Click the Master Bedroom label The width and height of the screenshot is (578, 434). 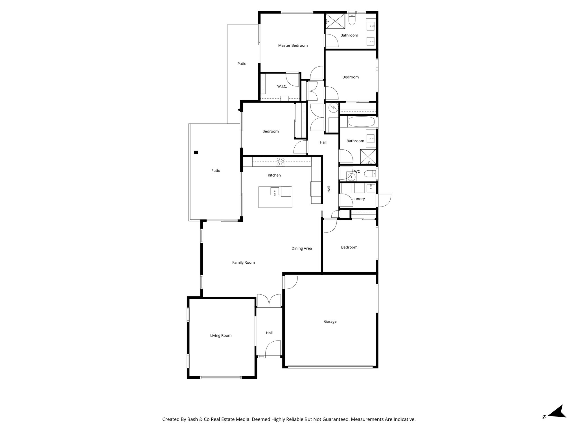point(293,45)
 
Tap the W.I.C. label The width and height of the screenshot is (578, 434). point(282,86)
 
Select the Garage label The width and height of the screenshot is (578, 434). point(330,322)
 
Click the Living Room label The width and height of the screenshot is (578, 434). point(221,336)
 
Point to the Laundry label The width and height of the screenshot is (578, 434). point(358,199)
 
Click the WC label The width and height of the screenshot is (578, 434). point(357,172)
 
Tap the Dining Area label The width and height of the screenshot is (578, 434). point(301,249)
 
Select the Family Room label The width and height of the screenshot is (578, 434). point(243,262)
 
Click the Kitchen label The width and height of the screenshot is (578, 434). point(274,175)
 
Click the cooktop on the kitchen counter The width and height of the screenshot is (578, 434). point(281,161)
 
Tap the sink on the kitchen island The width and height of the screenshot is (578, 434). point(275,192)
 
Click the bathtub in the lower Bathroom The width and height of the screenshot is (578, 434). point(361,122)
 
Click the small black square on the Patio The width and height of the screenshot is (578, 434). point(196,152)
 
